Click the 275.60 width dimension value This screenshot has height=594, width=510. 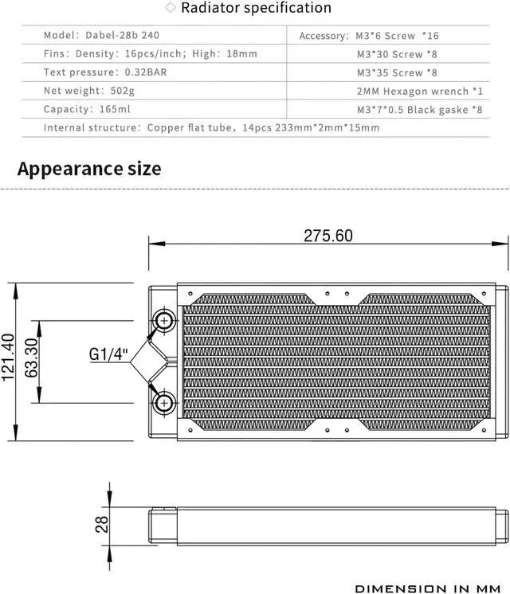(x=328, y=236)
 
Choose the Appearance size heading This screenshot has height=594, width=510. (x=89, y=169)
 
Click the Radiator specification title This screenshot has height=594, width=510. (x=256, y=9)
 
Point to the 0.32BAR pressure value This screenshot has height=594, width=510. (x=145, y=72)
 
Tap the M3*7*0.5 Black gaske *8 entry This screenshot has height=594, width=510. (x=419, y=109)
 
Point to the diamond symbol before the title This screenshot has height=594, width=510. (x=170, y=8)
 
